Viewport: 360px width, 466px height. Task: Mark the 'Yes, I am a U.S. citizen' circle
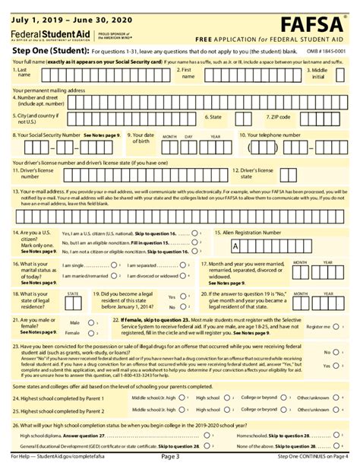[x=196, y=233]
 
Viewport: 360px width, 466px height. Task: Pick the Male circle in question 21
[x=93, y=322]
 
